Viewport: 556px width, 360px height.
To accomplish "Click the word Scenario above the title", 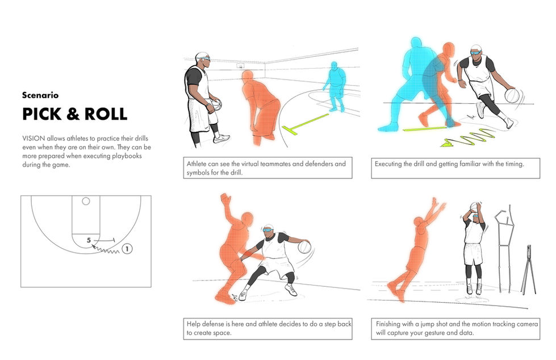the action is (40, 95).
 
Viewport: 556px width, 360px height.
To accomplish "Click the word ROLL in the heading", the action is (106, 114).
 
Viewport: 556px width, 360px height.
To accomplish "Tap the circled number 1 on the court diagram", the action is (127, 249).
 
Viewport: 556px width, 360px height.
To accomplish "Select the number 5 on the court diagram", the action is (89, 240).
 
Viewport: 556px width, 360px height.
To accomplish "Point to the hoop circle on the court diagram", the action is (86, 201).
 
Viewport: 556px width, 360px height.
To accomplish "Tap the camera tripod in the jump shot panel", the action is (528, 270).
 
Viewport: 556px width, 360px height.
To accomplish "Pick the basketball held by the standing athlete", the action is (216, 104).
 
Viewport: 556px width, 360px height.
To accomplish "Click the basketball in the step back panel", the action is (304, 247).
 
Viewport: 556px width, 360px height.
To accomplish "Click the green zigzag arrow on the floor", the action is (468, 138).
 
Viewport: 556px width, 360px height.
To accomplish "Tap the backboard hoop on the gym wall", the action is (241, 66).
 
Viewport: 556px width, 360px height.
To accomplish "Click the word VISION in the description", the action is (34, 139).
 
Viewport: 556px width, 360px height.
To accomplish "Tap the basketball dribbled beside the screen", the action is (512, 96).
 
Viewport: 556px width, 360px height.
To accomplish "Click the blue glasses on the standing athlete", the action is (203, 58).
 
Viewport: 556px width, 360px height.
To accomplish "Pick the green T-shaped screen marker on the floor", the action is (305, 124).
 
